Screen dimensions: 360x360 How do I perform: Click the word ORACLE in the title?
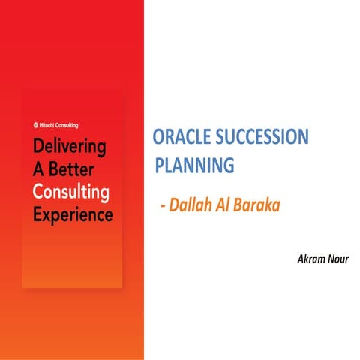[x=181, y=138]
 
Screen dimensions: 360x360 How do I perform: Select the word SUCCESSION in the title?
[x=260, y=138]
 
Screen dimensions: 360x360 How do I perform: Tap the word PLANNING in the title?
[x=195, y=164]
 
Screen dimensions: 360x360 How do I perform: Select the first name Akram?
[x=312, y=259]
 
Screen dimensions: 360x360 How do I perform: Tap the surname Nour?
[x=337, y=259]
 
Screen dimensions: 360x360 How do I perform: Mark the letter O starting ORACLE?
[x=158, y=138]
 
